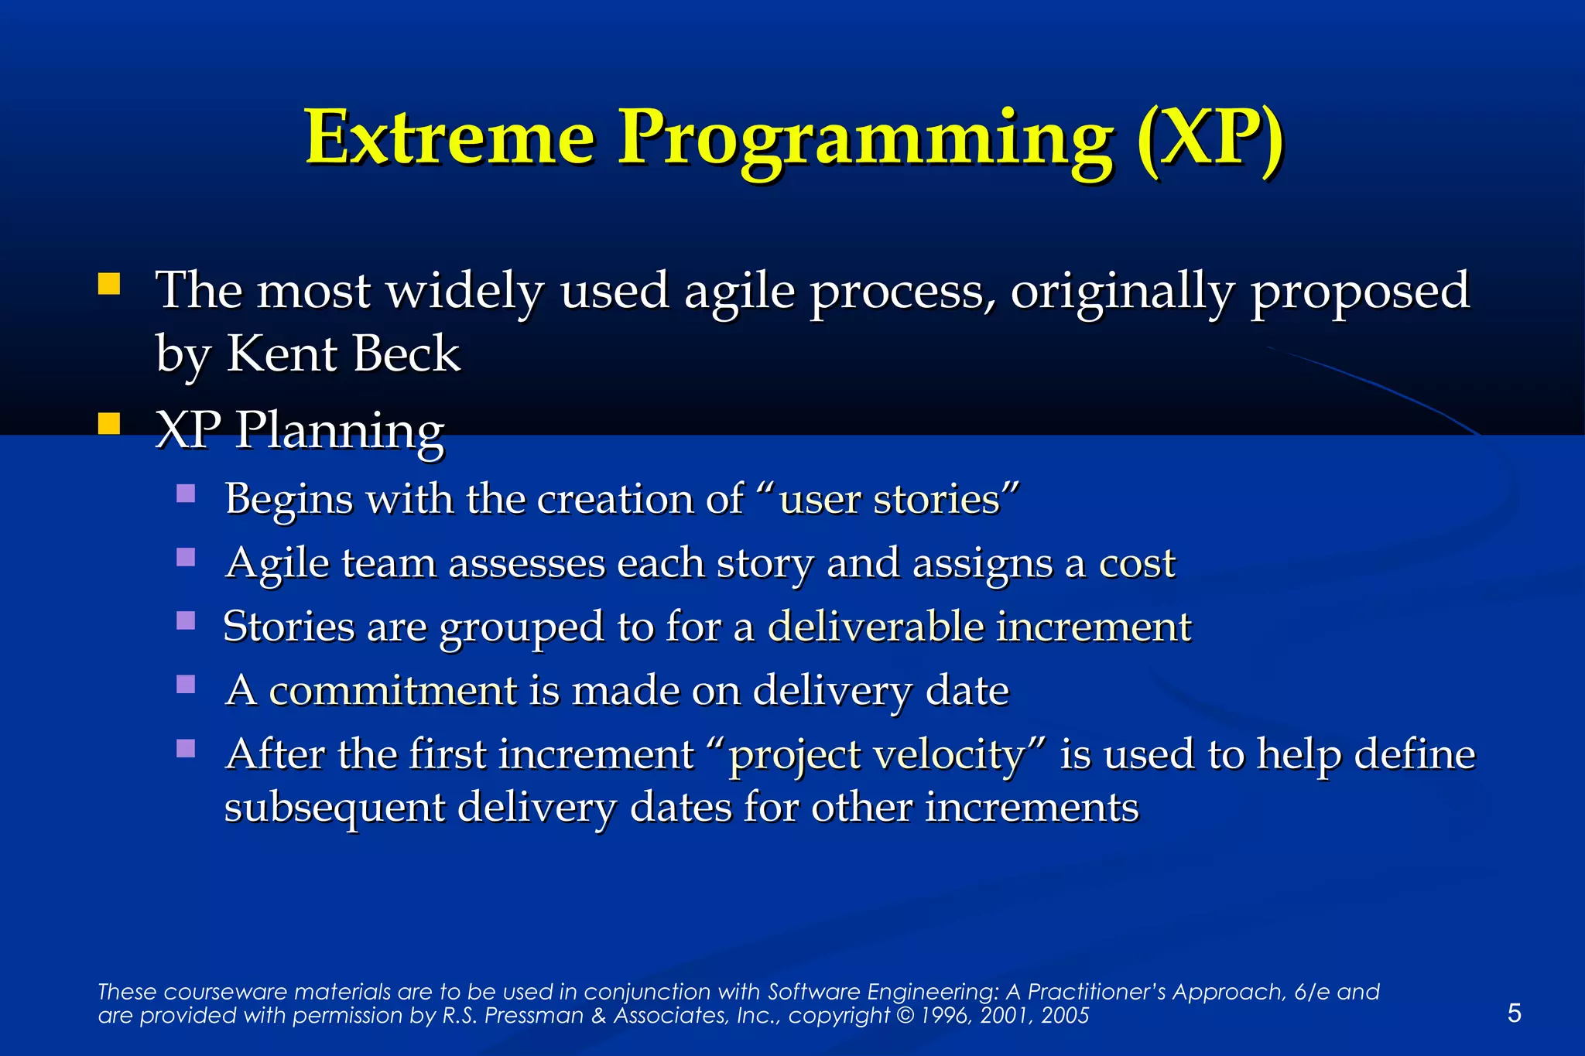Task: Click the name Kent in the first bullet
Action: coord(282,354)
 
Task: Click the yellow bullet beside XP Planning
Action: coord(109,424)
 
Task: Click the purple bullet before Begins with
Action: coord(186,494)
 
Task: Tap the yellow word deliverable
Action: coord(875,626)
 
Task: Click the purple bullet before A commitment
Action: coord(186,684)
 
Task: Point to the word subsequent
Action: coord(334,808)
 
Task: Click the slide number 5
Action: coord(1515,1013)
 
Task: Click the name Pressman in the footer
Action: coord(534,1016)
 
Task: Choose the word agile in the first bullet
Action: coord(739,292)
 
